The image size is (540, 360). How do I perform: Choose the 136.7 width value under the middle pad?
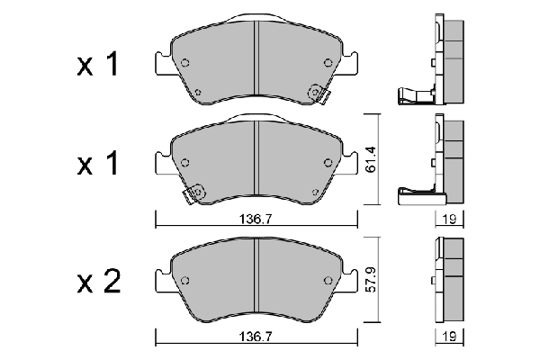tap(256, 216)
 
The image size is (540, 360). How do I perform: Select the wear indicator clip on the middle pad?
tap(193, 193)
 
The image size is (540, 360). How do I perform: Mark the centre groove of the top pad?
tap(256, 63)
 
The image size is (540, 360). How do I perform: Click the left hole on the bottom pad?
tap(185, 278)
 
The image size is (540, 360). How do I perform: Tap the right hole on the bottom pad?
tap(327, 278)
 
